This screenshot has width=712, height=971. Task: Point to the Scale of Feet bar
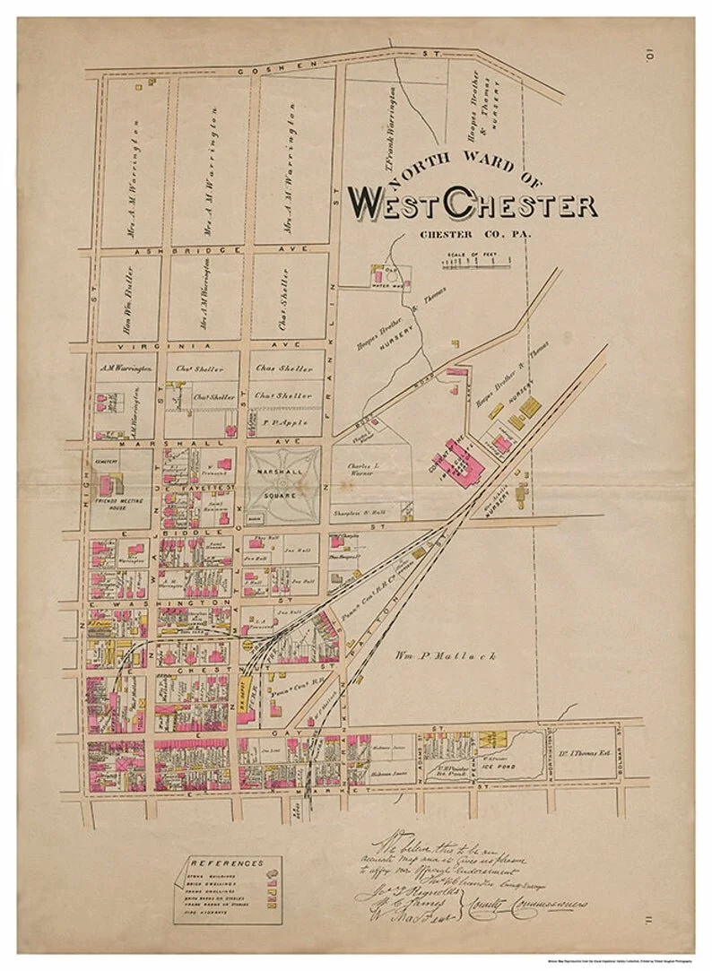pos(474,263)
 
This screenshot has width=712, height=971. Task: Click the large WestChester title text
pos(473,204)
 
